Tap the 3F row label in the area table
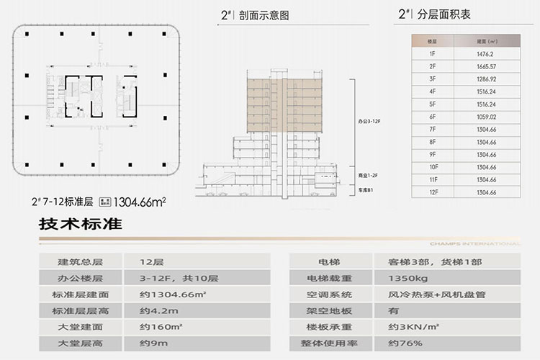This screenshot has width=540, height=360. [433, 79]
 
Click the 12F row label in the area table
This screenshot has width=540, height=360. [433, 192]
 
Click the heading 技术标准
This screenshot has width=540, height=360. [81, 225]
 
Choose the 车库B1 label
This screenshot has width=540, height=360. [367, 192]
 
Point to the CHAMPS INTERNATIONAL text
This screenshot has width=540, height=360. [485, 243]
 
